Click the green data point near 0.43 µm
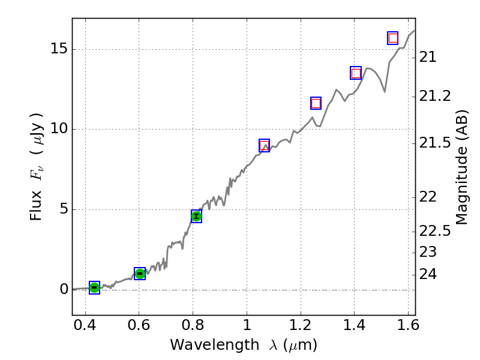[94, 288]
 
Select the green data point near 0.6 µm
[140, 274]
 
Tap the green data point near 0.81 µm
[196, 216]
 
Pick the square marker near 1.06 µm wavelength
[264, 145]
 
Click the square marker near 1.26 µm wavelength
[316, 103]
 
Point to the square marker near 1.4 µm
[356, 73]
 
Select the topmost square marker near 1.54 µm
[393, 38]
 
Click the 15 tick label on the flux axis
[58, 50]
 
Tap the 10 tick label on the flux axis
[58, 130]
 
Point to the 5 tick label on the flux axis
[62, 209]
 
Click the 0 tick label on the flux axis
[62, 289]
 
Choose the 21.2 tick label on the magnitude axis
[435, 96]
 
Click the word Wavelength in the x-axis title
[205, 345]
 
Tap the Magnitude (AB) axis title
[461, 167]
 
